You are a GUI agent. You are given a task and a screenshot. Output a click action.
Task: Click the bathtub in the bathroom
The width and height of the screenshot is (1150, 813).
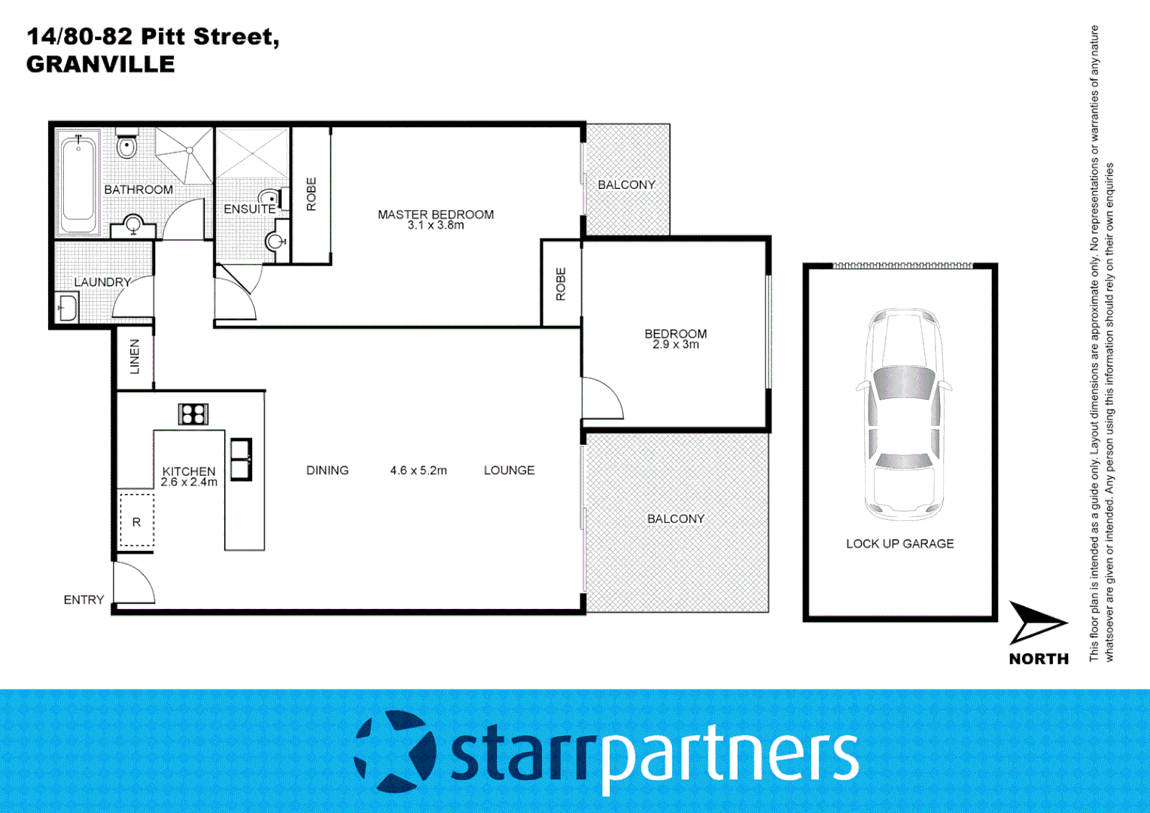tap(78, 183)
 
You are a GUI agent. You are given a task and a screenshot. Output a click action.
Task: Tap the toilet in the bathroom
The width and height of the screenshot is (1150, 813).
tap(127, 146)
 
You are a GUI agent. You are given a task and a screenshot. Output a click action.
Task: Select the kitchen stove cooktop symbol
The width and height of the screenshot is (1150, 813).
tap(193, 414)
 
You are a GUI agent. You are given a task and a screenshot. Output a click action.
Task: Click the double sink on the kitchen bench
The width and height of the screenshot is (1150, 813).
tap(241, 459)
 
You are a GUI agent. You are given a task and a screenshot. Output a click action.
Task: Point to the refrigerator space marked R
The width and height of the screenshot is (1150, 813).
tap(136, 521)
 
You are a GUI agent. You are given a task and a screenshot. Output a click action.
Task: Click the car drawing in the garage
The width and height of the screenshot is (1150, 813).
tap(903, 413)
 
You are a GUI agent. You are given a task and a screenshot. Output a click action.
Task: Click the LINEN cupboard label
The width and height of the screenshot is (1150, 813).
tap(135, 357)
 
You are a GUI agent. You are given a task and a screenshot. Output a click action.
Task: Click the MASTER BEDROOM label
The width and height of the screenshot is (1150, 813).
tap(436, 215)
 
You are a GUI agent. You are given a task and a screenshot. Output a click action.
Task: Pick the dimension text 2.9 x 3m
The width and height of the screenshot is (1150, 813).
tap(675, 345)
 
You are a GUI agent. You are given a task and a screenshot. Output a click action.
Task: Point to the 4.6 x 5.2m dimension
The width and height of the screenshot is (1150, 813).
tap(418, 470)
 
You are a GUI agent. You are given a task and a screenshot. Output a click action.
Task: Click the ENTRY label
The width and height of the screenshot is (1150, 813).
tap(84, 600)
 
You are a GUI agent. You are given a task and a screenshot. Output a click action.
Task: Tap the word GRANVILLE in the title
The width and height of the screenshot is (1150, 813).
tap(100, 65)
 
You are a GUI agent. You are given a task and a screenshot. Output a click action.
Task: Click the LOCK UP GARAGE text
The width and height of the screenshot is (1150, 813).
tap(899, 544)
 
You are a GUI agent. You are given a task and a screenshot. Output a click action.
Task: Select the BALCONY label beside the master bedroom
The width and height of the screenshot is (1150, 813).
tap(626, 184)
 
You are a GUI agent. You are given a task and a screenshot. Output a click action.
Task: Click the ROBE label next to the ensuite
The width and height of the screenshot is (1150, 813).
tap(311, 194)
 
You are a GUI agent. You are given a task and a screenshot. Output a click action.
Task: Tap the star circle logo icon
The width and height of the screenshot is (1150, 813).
tap(394, 751)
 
